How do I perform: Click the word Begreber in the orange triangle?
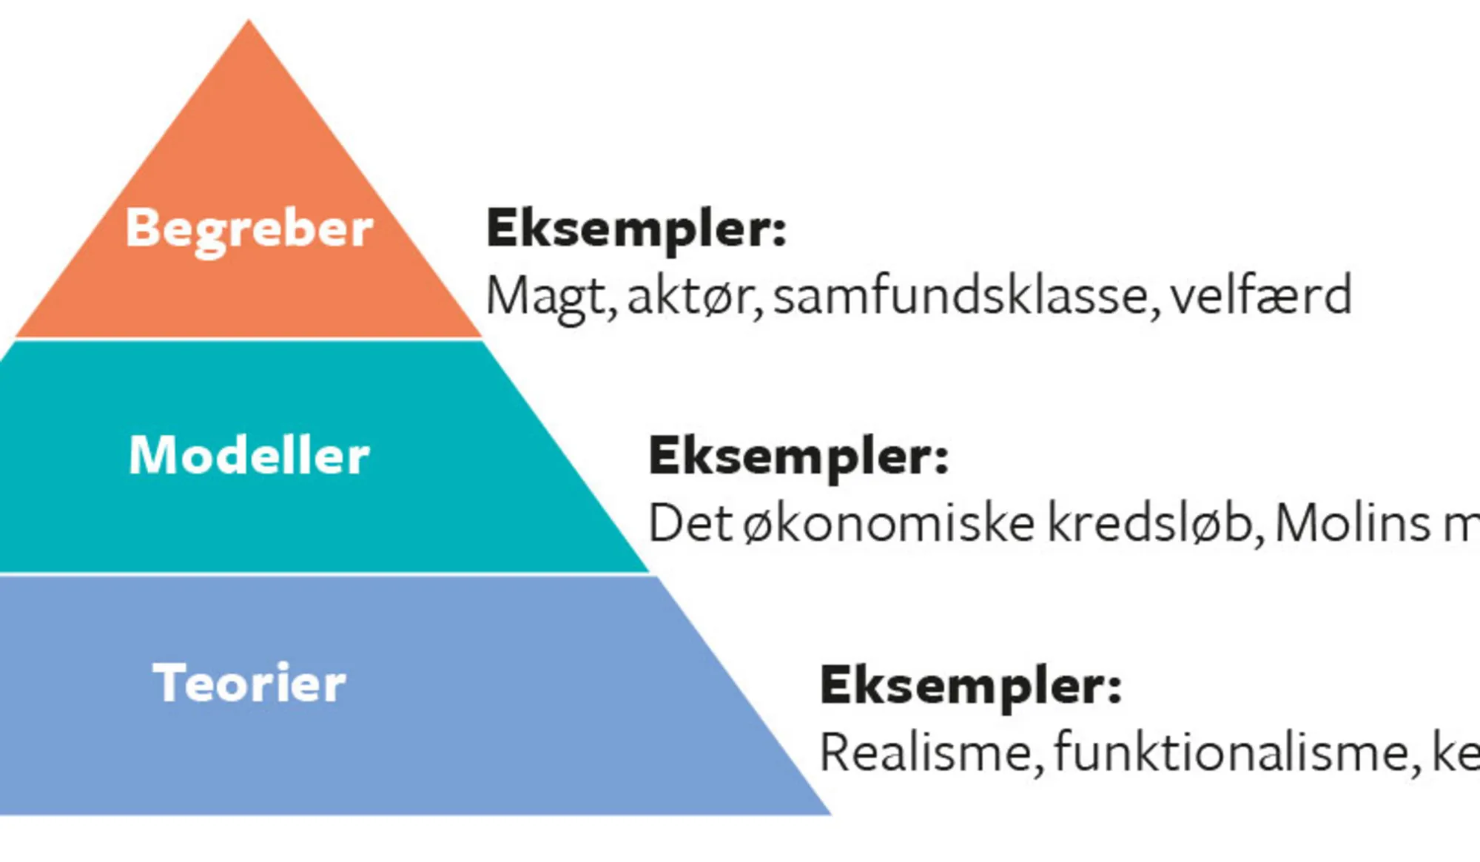point(249,229)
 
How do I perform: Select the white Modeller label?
point(249,455)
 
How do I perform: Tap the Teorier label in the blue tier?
point(249,683)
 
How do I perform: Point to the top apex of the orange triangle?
point(249,21)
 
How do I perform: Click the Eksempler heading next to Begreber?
point(636,229)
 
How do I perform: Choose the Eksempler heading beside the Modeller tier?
point(798,457)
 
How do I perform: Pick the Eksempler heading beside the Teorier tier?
point(970,686)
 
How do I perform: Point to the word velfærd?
point(1261,296)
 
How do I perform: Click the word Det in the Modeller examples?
point(690,524)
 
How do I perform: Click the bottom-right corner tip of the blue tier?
point(829,813)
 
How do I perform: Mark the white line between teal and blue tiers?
point(326,573)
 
